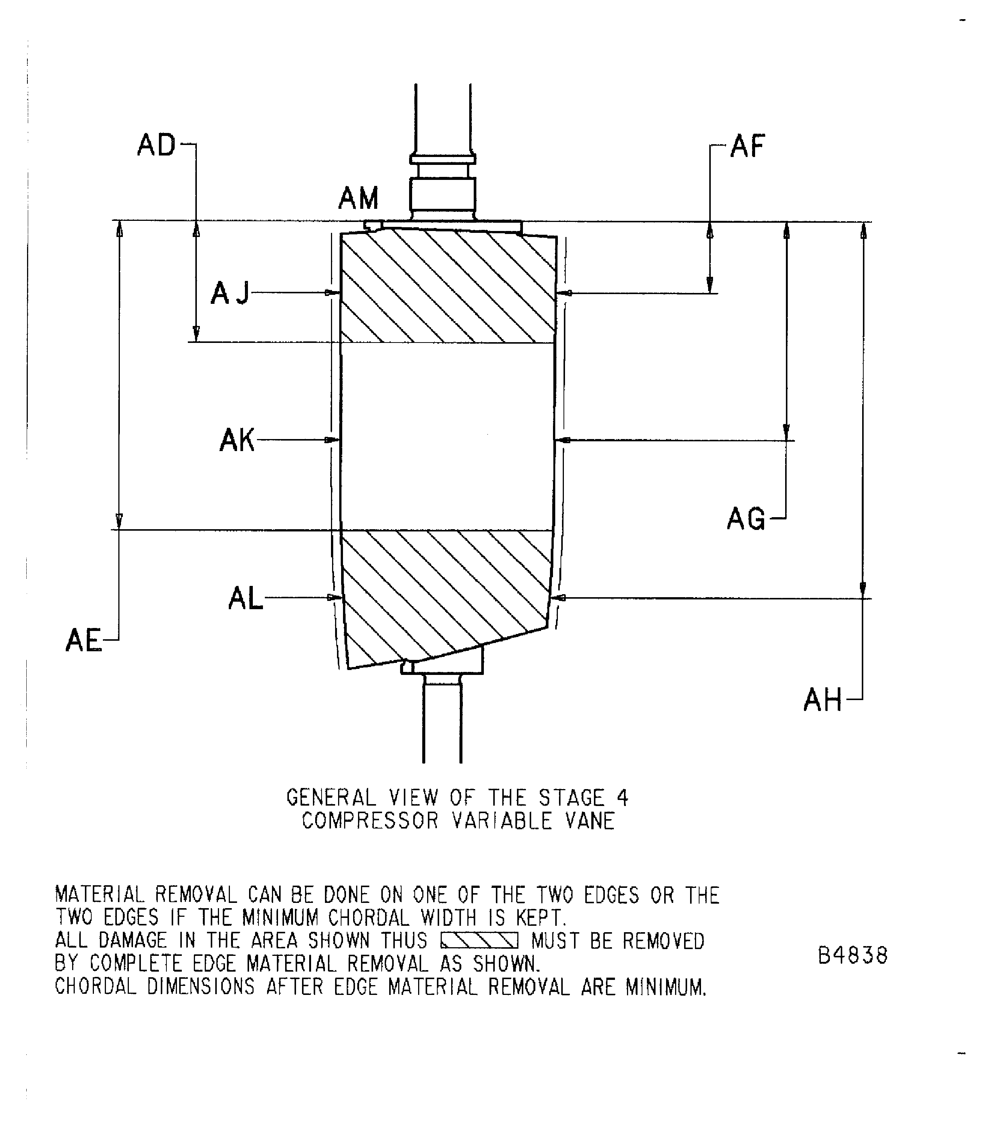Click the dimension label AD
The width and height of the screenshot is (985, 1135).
(156, 146)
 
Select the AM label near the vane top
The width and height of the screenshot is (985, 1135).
(358, 198)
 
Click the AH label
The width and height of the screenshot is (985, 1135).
(822, 700)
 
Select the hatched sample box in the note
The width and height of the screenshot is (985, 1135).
(479, 942)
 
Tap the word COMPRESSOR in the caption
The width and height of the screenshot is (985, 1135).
(370, 821)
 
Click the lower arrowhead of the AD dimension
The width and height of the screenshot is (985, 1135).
(196, 334)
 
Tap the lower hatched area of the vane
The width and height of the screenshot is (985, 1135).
(445, 588)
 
